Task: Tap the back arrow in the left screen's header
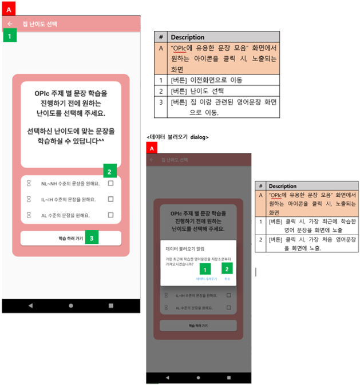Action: [x=10, y=24]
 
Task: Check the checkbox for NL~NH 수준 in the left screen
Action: [x=110, y=184]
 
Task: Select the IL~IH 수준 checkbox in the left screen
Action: [x=110, y=199]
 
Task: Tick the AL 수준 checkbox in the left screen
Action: [x=110, y=215]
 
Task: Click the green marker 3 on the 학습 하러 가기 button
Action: [x=92, y=237]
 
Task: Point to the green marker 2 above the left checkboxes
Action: [x=110, y=170]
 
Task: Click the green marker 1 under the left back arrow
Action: [x=10, y=36]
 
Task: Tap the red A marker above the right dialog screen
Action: [x=152, y=148]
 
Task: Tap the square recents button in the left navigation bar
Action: [x=110, y=306]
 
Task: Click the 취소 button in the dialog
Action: [x=227, y=279]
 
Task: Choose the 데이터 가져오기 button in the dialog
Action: [x=206, y=279]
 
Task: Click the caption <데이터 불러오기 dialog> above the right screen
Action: [x=177, y=137]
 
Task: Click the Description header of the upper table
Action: [x=188, y=37]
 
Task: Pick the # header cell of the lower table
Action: [x=261, y=186]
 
